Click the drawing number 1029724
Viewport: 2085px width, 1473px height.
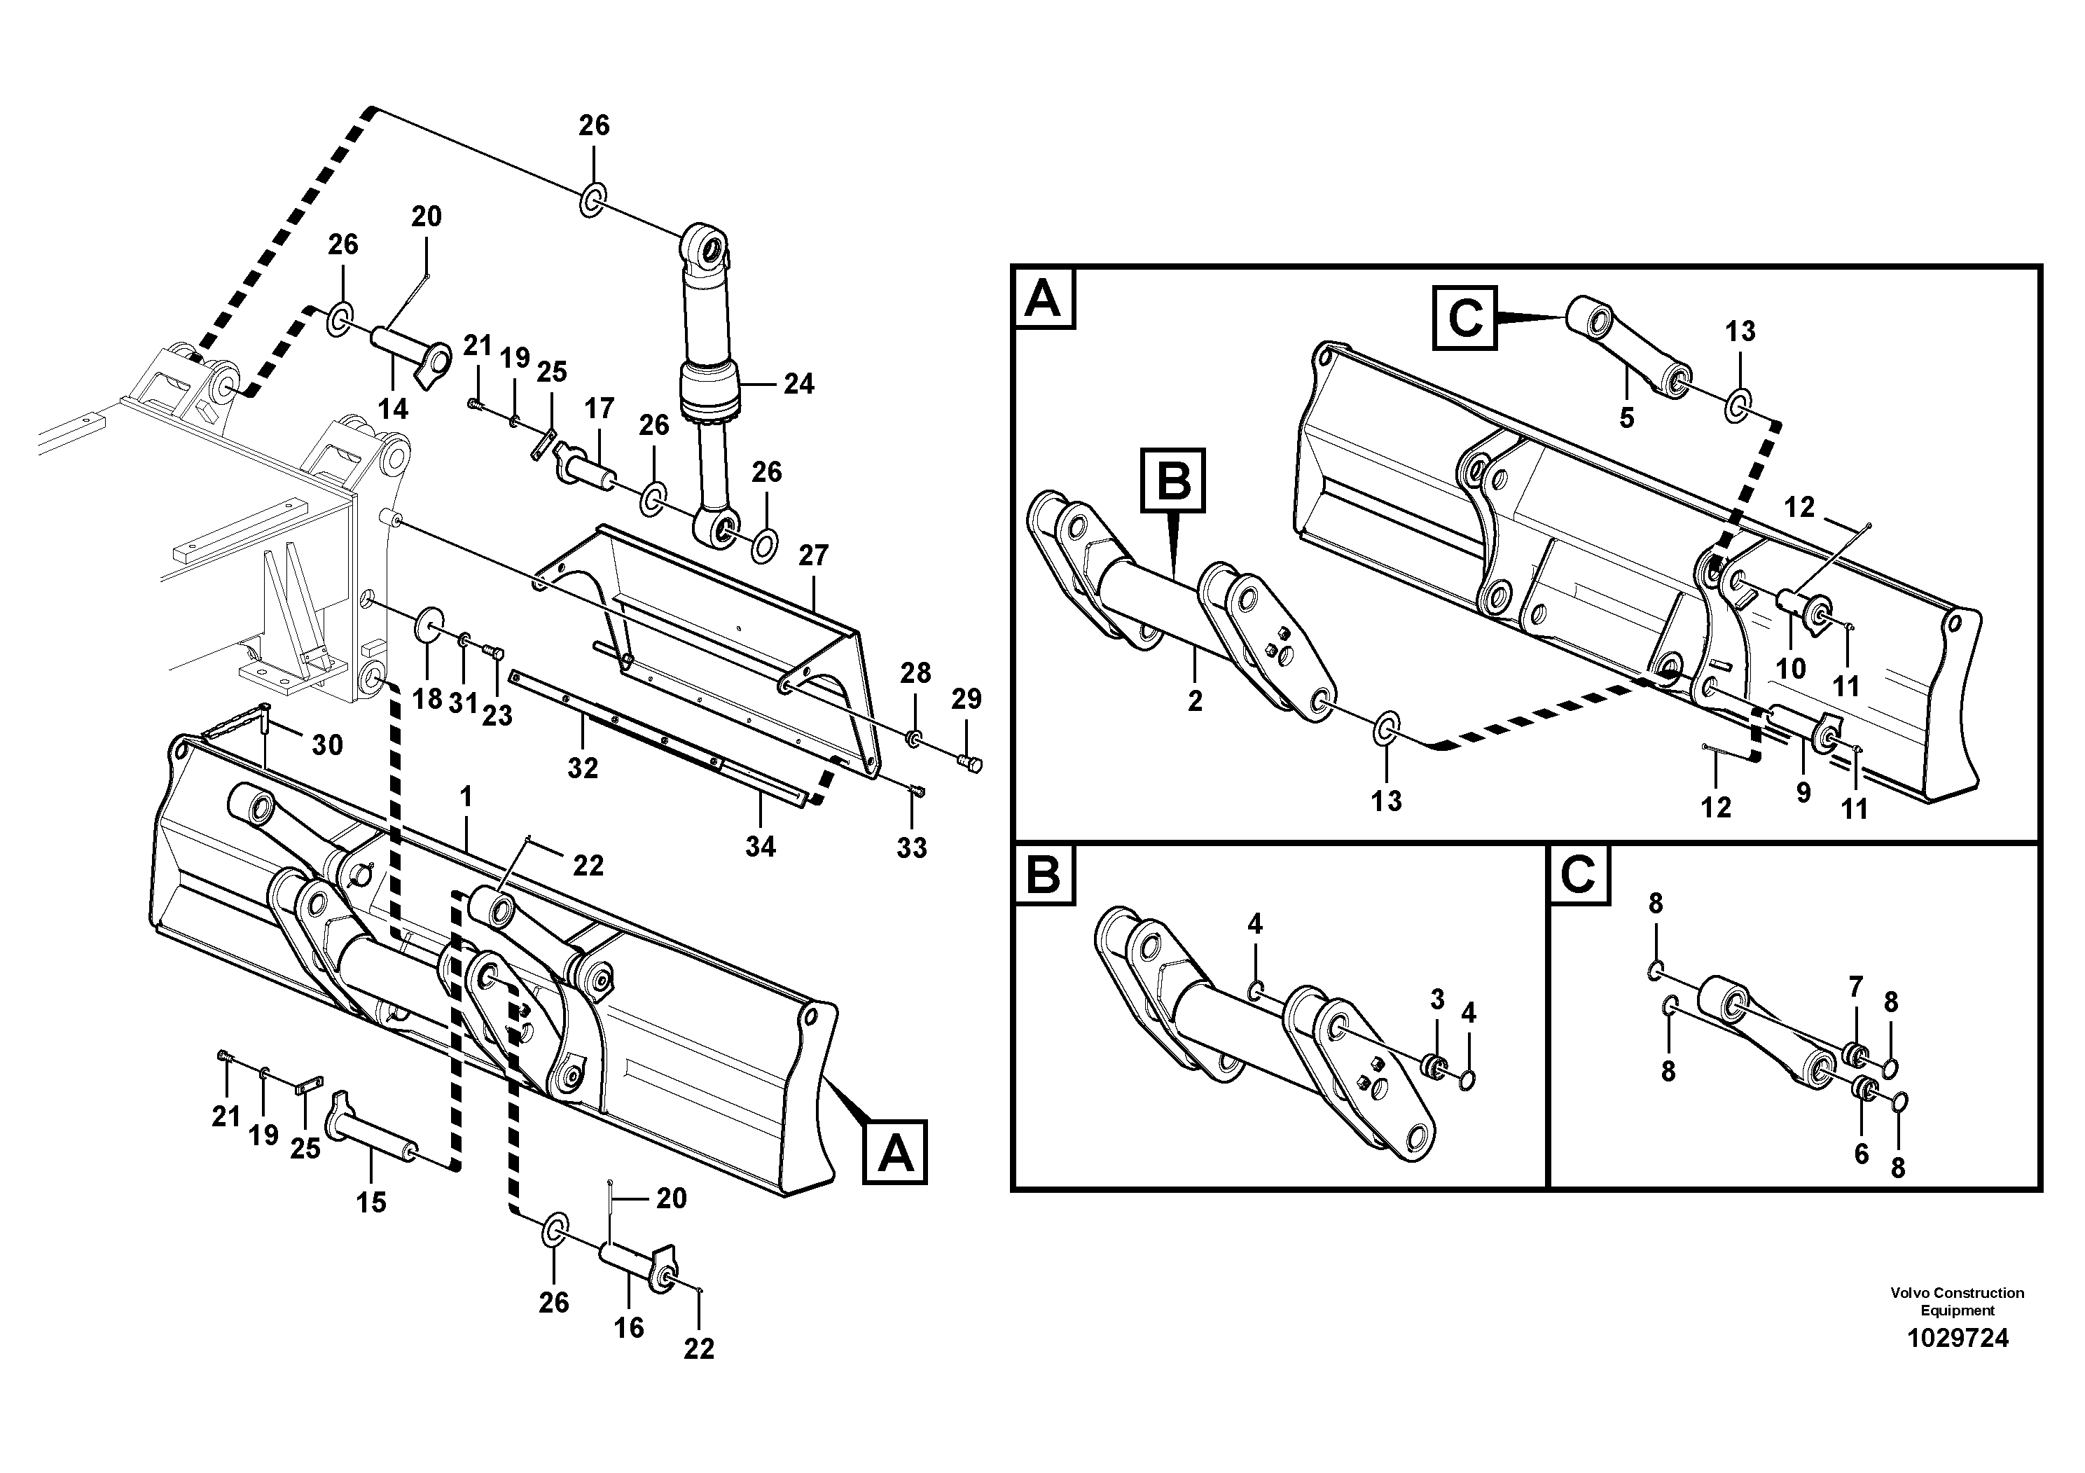coord(1958,1338)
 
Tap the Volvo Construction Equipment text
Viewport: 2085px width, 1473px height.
coord(1957,1301)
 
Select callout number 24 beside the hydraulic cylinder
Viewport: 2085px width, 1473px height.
coord(798,384)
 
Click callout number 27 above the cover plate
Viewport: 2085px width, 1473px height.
coord(814,555)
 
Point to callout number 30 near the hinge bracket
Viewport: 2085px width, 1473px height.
coord(327,745)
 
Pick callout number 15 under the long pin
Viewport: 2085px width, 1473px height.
coord(370,1203)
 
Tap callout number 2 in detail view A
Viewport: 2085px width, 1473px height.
coord(1195,700)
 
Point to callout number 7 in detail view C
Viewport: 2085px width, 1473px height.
coord(1855,986)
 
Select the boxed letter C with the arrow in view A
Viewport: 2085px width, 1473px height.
coord(1464,318)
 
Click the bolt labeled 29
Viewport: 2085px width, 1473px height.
coord(970,766)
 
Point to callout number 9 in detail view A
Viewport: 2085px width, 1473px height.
coord(1803,792)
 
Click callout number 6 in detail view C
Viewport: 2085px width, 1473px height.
coord(1861,1154)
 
